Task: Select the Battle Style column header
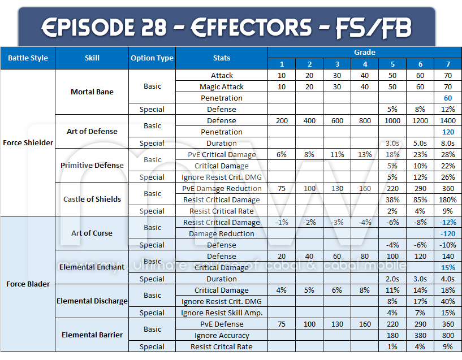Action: (28, 58)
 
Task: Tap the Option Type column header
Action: (152, 58)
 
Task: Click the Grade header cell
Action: (364, 52)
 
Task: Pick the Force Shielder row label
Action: (28, 142)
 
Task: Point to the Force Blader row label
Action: (28, 284)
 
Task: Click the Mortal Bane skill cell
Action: (92, 92)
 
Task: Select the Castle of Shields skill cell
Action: (92, 199)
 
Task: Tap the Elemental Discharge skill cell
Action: (92, 301)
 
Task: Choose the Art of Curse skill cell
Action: (92, 233)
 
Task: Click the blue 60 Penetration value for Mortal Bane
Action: (448, 98)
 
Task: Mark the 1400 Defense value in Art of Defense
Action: (448, 120)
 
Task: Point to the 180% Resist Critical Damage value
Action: (448, 199)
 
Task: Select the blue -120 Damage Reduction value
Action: (448, 233)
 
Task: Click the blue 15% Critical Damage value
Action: (448, 267)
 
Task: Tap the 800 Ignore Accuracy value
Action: (448, 335)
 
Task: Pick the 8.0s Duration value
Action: (448, 143)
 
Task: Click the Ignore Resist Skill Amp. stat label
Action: (222, 313)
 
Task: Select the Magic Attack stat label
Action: (222, 86)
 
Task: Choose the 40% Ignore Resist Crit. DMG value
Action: (448, 301)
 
